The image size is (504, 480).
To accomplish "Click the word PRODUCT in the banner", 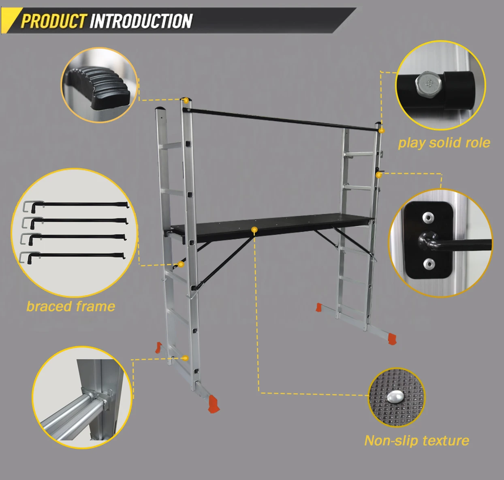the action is tap(53, 21).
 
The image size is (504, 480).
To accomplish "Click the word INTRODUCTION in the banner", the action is tap(141, 21).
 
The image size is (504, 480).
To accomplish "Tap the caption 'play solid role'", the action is tap(444, 143).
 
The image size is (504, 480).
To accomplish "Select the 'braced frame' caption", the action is tap(71, 306).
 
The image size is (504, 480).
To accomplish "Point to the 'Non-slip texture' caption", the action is tap(417, 441).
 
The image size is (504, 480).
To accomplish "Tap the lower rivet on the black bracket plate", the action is tap(429, 264).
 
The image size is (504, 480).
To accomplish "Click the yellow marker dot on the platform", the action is tap(254, 229).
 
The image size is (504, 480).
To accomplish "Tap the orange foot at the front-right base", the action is tap(392, 339).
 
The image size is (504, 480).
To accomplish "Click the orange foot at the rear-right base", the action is tap(319, 307).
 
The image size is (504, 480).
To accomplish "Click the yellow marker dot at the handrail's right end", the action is tap(382, 131).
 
